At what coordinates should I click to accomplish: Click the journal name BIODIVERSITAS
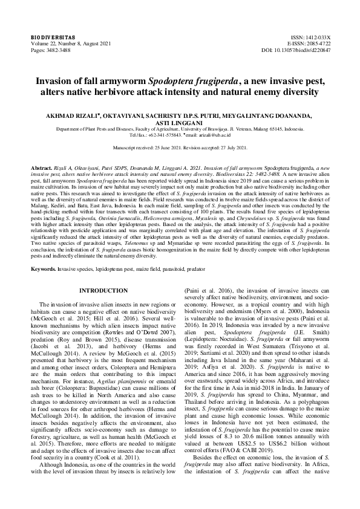[x=50, y=37]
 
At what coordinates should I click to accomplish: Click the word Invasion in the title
[x=57, y=80]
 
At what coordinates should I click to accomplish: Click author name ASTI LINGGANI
[x=180, y=121]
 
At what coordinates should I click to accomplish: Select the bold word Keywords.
[x=44, y=267]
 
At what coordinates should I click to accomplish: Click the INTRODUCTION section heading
[x=103, y=290]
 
